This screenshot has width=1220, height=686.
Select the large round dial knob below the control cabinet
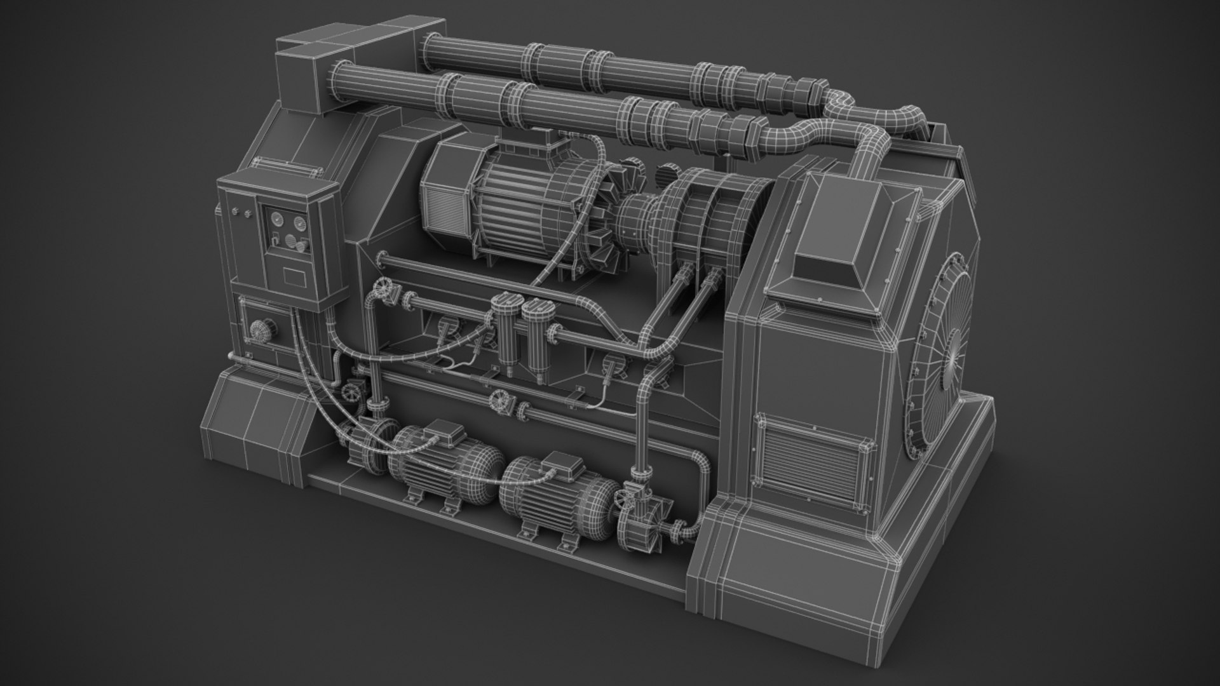tap(259, 329)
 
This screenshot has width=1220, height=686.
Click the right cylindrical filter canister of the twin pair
tap(536, 327)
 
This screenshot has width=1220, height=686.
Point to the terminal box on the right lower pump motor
tap(559, 464)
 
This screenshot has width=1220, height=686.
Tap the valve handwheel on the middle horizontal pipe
tap(499, 400)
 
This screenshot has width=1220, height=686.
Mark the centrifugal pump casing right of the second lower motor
tap(643, 502)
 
